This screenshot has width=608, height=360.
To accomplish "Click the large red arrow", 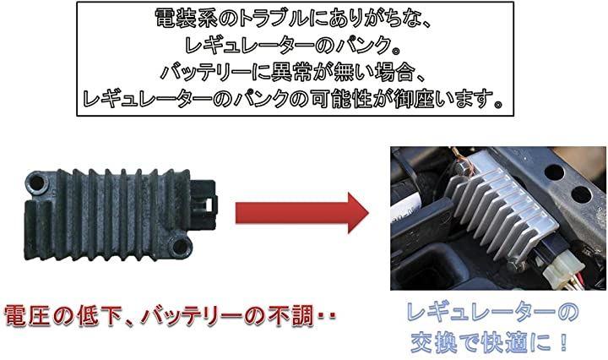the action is [x=301, y=213].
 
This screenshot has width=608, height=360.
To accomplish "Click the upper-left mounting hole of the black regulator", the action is [x=36, y=183].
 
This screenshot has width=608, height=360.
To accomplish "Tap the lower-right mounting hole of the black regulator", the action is [x=181, y=246].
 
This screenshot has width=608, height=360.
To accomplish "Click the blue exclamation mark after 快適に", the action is [x=563, y=342].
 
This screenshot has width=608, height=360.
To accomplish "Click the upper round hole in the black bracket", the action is [x=555, y=172].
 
